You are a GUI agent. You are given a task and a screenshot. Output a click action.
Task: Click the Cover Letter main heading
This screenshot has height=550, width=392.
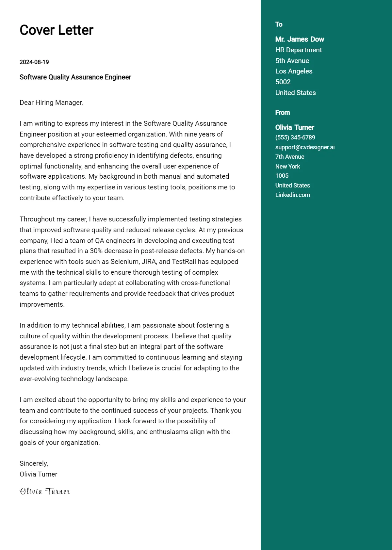coord(57,30)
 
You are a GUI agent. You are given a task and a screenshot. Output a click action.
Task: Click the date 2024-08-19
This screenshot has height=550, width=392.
coord(34,62)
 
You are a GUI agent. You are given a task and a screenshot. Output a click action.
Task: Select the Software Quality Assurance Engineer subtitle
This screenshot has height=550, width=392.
coord(75,77)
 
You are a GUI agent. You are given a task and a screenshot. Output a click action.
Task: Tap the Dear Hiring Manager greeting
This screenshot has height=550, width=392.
coord(51,103)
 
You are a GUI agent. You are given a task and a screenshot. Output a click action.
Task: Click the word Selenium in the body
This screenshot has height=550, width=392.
coord(124,262)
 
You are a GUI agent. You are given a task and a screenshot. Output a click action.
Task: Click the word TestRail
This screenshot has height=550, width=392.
coord(184,262)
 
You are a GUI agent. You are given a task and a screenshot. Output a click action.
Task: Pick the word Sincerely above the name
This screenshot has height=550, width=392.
coord(34,463)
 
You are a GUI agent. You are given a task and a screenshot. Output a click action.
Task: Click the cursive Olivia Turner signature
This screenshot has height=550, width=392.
coord(45,492)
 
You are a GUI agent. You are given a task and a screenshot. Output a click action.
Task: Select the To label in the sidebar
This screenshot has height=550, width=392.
coord(279,24)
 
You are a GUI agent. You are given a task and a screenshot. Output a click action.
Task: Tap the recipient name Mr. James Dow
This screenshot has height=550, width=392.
coord(300,39)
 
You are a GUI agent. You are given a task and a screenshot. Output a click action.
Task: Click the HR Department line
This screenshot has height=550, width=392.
coord(298,50)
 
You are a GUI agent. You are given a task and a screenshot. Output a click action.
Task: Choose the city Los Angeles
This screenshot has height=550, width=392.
coord(294,71)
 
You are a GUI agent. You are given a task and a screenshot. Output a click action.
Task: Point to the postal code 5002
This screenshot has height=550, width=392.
coord(283,82)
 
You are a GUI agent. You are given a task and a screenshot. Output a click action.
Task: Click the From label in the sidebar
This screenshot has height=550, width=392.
coord(283,113)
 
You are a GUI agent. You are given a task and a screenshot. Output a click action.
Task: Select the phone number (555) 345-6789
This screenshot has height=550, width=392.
coord(295,137)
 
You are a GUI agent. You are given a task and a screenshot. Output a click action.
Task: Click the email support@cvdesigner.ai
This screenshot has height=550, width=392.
coord(305,147)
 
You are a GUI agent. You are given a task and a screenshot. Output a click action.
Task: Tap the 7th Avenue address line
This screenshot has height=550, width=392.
coord(290,157)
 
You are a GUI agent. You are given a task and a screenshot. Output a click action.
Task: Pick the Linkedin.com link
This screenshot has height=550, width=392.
coord(292,195)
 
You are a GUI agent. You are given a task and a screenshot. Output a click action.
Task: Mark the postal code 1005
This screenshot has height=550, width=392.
coord(282,176)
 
